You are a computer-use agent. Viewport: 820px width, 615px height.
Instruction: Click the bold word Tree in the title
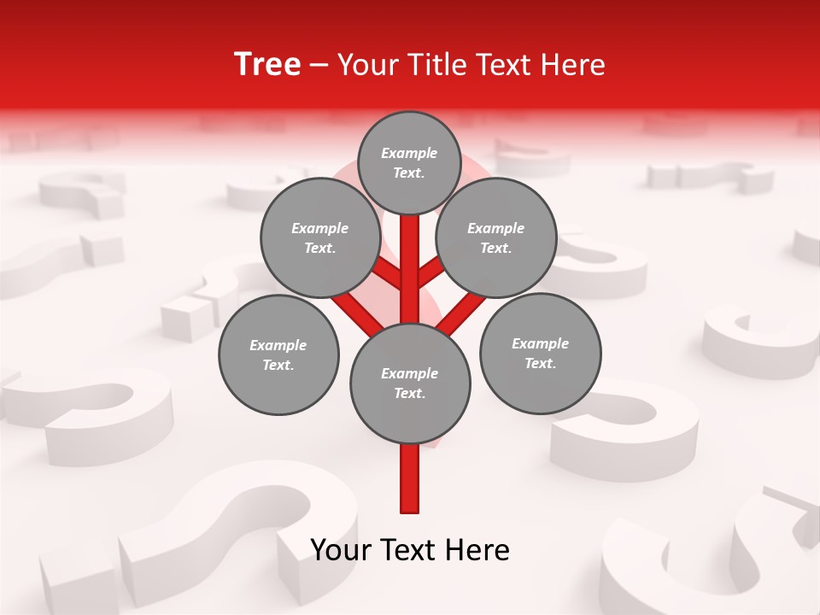tap(267, 65)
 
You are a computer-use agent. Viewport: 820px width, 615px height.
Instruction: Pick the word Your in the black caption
tap(341, 550)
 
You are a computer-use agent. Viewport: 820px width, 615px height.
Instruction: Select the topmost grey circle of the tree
tap(409, 162)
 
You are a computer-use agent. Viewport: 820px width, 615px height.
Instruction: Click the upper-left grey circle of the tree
tap(319, 237)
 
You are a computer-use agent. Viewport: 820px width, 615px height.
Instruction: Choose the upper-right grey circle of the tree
tap(496, 237)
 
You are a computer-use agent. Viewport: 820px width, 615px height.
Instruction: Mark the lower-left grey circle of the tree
tap(278, 354)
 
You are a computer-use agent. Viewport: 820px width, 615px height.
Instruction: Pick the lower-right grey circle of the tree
tap(540, 353)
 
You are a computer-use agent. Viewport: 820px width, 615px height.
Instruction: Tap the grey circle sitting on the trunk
tap(410, 383)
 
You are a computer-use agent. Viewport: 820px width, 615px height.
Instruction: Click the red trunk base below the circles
tap(410, 478)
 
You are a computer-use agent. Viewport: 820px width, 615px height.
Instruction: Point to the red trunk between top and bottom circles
tap(410, 269)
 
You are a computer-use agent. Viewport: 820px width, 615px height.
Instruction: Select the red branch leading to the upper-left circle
tap(386, 274)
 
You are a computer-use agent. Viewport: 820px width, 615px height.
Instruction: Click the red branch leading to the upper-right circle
tap(432, 272)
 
